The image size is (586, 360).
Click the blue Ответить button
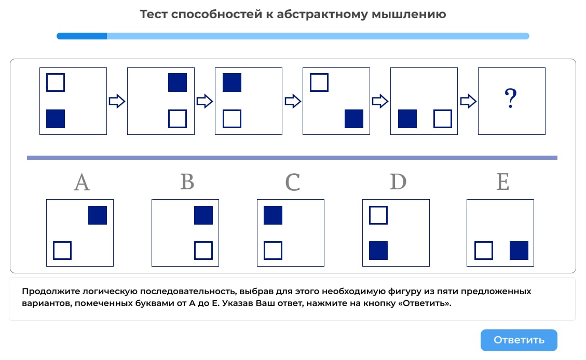pos(519,340)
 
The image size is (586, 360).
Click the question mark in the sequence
pos(511,99)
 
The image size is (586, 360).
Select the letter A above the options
pos(82,183)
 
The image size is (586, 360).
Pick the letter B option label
pos(187,183)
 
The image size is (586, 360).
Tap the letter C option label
pos(292,183)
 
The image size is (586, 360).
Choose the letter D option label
pos(398,183)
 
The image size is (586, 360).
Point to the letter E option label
pos(502,183)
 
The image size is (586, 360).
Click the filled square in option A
pos(98,215)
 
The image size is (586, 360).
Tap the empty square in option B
pos(203,251)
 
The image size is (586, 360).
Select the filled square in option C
pos(273,215)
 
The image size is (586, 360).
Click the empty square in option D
pos(378,215)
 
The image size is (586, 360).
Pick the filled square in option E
pos(519,251)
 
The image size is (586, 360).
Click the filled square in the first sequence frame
pos(56,119)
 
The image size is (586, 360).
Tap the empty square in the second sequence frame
pos(178,119)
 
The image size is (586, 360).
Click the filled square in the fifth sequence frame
pos(407,119)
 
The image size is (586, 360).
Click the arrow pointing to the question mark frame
pos(468,101)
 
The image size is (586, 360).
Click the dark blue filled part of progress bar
pos(81,36)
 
